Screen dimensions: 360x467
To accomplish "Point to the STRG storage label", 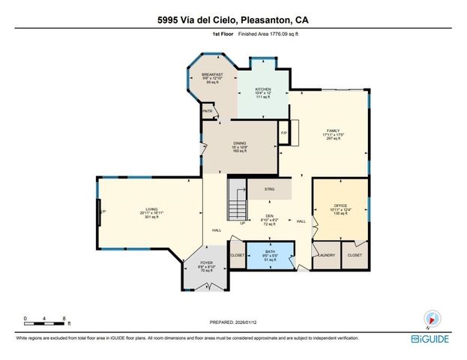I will [269, 189].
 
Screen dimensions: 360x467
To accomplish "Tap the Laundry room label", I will [326, 255].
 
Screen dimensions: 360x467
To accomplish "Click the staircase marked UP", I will [238, 203].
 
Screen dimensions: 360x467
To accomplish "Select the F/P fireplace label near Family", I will [284, 133].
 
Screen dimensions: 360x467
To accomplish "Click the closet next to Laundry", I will [355, 255].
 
